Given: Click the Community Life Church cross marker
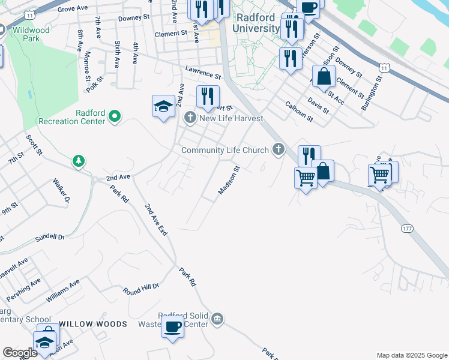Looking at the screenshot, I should coord(278,149).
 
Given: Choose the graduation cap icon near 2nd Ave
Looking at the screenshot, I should coord(163,106).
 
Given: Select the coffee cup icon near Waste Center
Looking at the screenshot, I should coord(173,327).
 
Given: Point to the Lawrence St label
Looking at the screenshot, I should coord(203,73).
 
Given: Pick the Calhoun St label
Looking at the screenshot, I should coord(299,110).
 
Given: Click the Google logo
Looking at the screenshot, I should coord(20,353).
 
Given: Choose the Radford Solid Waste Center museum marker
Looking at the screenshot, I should coord(218,318).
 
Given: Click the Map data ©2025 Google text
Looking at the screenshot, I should coord(411,355).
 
